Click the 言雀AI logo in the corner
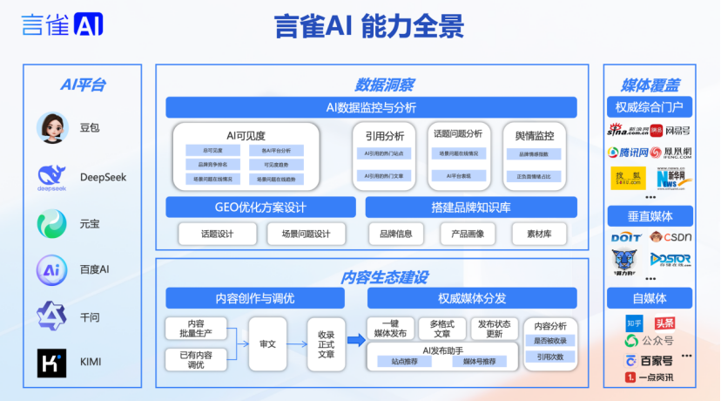63,24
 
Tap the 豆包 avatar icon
52,127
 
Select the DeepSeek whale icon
52,177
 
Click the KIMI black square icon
52,362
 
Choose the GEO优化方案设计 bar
260,207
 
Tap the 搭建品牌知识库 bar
471,207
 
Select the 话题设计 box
217,234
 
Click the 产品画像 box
468,234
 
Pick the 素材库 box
540,234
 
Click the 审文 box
267,343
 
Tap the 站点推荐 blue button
404,361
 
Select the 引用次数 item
549,357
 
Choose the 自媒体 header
648,296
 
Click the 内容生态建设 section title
384,277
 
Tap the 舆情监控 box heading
534,135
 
